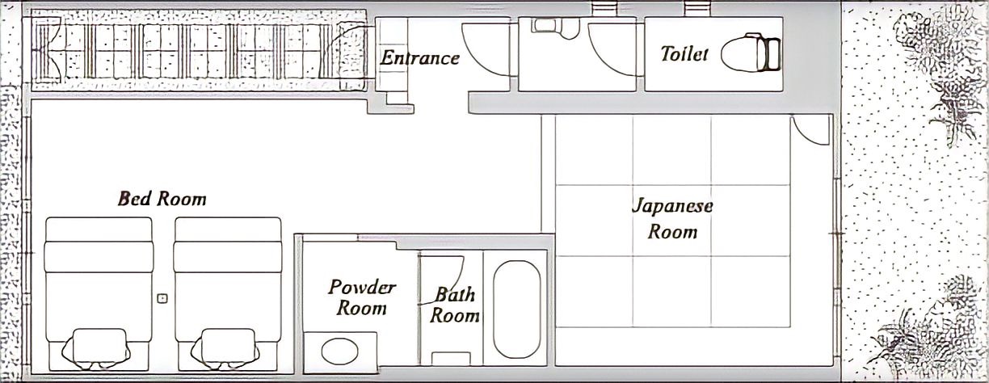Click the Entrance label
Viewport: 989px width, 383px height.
(x=419, y=57)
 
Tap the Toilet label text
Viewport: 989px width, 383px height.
(x=684, y=53)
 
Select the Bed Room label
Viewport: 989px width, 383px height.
(x=162, y=198)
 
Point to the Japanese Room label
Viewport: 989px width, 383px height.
(x=671, y=218)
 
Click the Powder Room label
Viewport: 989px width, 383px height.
(x=361, y=297)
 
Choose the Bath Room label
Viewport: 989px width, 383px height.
(x=454, y=305)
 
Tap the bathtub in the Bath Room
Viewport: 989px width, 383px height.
(x=516, y=309)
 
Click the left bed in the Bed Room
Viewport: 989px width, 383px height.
(x=99, y=287)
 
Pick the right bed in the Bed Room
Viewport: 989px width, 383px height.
(x=228, y=287)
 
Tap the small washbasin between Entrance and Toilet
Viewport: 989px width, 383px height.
(x=554, y=27)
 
